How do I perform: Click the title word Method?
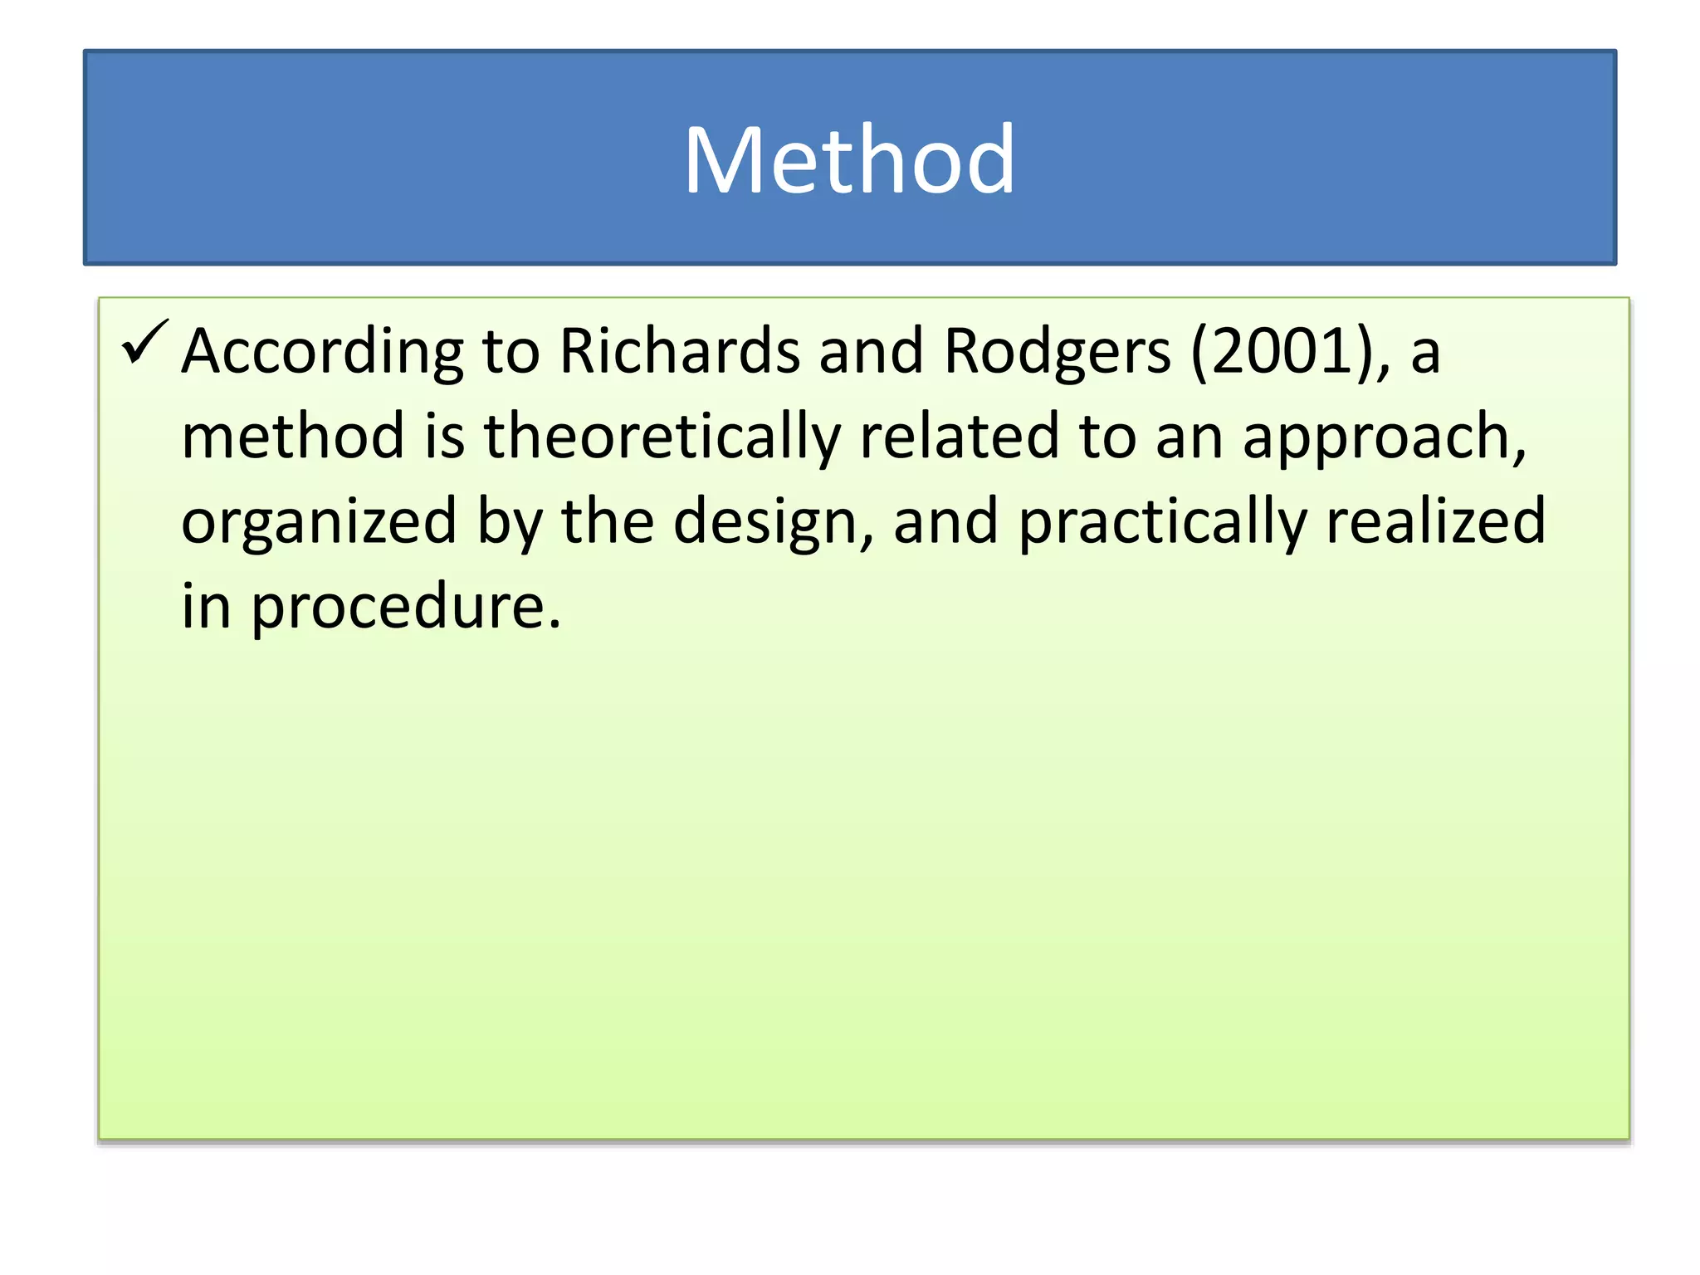pos(848,159)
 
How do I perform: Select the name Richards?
pos(679,350)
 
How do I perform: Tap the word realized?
pos(1436,520)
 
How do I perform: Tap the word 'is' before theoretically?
pos(444,436)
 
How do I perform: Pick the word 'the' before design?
pos(608,520)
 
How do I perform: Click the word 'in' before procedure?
pos(206,606)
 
